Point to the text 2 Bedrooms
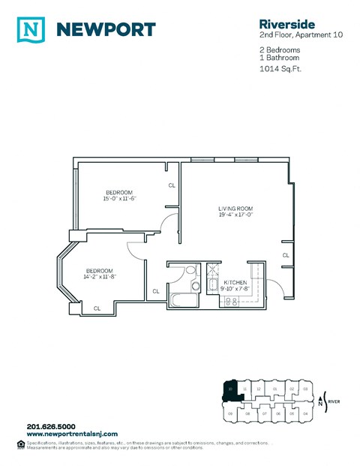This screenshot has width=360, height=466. [279, 50]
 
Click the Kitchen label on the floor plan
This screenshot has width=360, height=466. [235, 282]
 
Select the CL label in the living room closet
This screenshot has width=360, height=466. [286, 255]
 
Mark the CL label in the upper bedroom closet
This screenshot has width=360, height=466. [172, 185]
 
